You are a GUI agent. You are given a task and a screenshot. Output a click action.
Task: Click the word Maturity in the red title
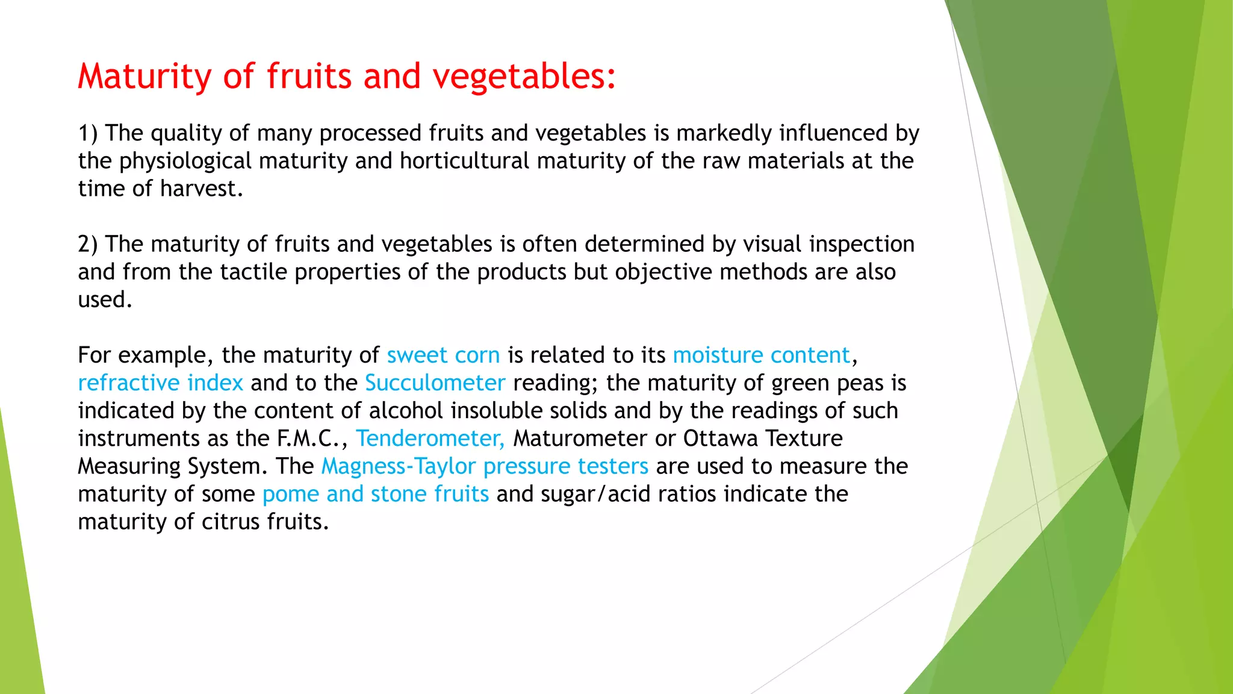pos(144,77)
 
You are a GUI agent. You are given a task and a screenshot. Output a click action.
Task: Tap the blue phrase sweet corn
pos(443,355)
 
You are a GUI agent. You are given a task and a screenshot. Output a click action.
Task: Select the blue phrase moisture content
pos(761,355)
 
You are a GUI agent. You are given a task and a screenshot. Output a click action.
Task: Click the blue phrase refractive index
pos(160,383)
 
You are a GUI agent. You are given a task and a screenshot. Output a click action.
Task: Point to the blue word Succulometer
pos(435,383)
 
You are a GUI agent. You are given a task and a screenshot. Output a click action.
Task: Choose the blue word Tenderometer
pos(430,439)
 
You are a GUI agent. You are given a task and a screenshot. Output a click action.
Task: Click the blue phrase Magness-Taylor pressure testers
pos(485,466)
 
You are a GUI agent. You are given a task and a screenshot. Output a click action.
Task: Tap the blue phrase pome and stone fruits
pos(375,494)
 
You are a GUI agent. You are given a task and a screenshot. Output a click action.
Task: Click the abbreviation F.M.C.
pos(308,439)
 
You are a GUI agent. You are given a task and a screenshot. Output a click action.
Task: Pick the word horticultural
pos(464,161)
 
